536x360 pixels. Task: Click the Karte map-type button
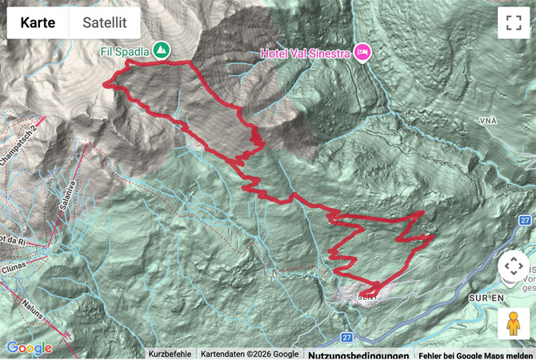(x=38, y=22)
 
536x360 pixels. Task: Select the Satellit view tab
(x=104, y=22)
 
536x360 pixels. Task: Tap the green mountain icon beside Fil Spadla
(x=162, y=50)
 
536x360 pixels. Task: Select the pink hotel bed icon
(x=363, y=51)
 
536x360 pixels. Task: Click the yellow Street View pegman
(x=512, y=323)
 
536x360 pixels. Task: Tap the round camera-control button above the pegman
(x=512, y=269)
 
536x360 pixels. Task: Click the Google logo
(x=29, y=348)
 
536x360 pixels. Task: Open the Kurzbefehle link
(x=170, y=354)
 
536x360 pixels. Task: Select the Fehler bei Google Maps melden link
(x=475, y=354)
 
